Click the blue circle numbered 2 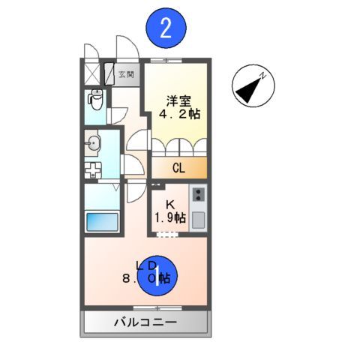[x=166, y=29]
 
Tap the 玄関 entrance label [x=126, y=74]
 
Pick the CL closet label [x=178, y=168]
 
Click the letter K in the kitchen [x=169, y=204]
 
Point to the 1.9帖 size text [x=169, y=218]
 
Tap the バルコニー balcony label [x=145, y=323]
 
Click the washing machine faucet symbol [x=94, y=169]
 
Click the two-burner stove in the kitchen [x=198, y=194]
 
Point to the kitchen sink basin [x=198, y=219]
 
